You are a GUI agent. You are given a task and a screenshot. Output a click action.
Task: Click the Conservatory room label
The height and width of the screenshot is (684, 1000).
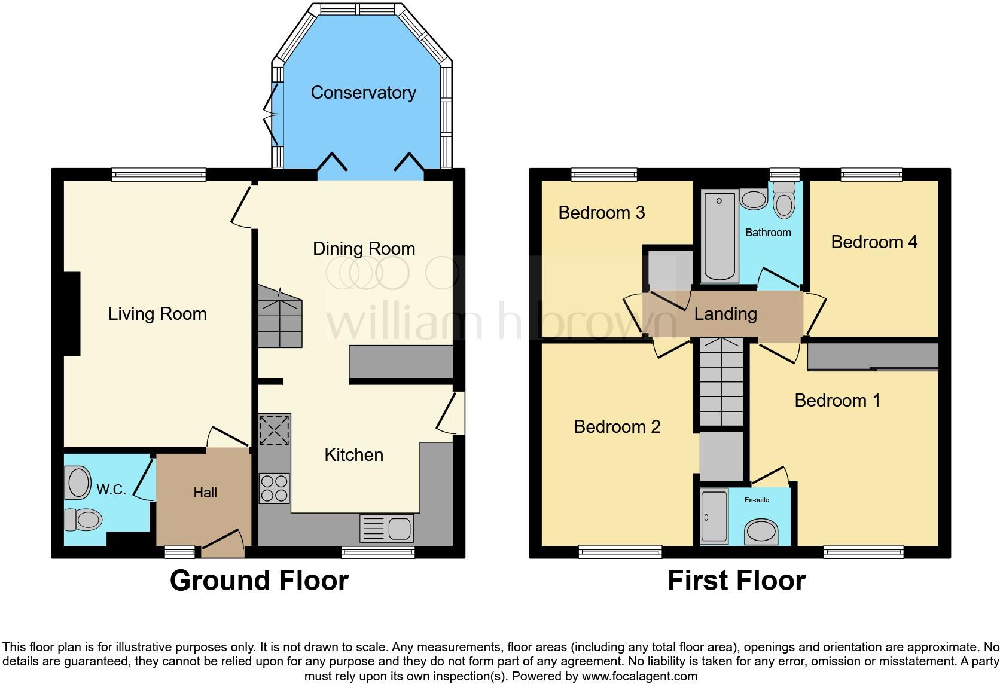tap(363, 93)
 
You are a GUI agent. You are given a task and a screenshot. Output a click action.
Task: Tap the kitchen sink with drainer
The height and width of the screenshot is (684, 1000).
tap(386, 528)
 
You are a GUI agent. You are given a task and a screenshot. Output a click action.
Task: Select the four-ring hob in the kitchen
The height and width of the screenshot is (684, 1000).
tap(275, 488)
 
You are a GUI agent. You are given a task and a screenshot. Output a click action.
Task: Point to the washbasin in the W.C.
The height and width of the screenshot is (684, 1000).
tap(78, 483)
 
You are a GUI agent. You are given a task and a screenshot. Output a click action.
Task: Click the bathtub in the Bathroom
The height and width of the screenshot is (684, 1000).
tap(718, 236)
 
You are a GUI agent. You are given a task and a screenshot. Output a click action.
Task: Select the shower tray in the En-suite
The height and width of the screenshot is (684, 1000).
tap(714, 517)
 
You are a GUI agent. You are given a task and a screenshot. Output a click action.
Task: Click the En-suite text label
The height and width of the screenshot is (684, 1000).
tap(757, 500)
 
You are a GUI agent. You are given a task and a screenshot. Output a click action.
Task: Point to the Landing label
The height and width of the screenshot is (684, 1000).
tap(725, 314)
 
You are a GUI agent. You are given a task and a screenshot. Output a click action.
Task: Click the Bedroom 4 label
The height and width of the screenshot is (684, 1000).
tap(874, 242)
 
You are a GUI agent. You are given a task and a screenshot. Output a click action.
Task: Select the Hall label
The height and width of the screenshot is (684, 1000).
tap(205, 493)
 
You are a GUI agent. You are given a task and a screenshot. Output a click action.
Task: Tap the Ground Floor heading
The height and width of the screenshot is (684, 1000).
tap(259, 581)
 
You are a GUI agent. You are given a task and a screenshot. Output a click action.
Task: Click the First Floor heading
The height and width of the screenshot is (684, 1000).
tap(736, 581)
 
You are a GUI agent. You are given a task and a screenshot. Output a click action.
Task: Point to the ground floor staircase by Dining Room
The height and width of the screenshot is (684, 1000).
tap(280, 317)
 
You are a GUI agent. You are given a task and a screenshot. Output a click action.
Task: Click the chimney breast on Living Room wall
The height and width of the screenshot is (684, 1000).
tap(72, 314)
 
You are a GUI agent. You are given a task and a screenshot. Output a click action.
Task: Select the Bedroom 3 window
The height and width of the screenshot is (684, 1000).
tap(603, 175)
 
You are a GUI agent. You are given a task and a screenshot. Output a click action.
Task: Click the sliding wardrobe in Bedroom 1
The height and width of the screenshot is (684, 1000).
tap(873, 356)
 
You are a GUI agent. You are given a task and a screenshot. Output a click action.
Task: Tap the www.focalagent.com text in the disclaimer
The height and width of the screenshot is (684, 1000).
tap(639, 676)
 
